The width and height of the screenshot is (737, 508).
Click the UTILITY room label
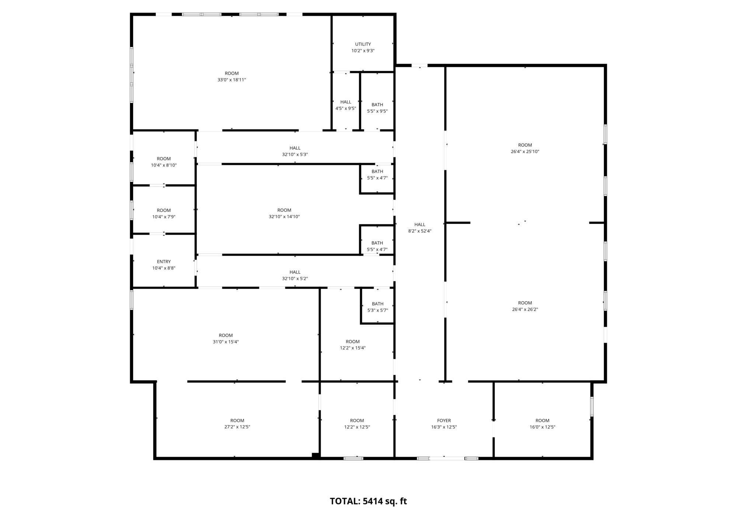363,44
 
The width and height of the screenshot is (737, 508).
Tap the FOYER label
444,421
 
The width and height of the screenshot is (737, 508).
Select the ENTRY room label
164,262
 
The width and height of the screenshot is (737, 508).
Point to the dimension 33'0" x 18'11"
231,80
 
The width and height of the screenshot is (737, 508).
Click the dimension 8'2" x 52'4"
420,231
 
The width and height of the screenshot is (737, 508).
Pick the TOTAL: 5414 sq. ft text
368,501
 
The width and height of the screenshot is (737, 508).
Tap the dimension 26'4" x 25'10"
525,152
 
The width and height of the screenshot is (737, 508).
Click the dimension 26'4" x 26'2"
525,310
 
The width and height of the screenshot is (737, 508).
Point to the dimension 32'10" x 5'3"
295,155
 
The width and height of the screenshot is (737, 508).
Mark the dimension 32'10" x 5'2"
295,279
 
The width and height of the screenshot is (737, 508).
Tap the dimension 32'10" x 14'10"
284,217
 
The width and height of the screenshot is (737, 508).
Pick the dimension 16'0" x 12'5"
542,427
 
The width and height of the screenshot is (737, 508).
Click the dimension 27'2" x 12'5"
237,427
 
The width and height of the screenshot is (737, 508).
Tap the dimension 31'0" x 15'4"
226,342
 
